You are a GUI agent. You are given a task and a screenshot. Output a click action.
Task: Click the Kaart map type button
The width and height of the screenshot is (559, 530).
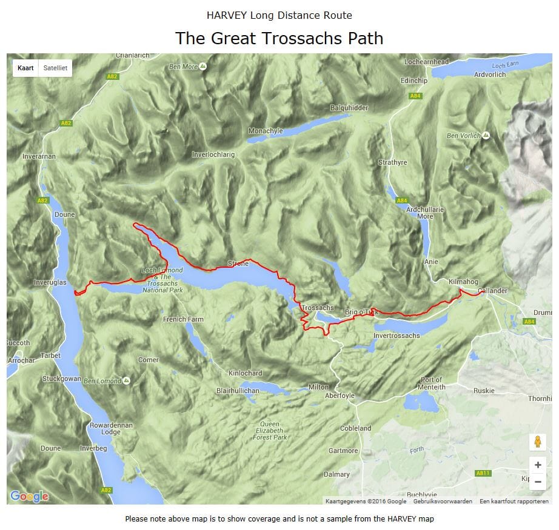(25, 68)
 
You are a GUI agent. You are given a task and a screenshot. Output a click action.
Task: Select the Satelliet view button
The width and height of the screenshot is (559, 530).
(55, 68)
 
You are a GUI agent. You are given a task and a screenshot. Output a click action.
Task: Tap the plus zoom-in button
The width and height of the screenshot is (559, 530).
(537, 465)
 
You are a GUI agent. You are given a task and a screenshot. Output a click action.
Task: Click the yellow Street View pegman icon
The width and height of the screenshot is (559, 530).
(537, 442)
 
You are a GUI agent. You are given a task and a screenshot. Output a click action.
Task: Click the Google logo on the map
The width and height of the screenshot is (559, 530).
(29, 496)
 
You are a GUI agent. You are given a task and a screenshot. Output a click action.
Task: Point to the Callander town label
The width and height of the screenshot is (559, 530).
(492, 291)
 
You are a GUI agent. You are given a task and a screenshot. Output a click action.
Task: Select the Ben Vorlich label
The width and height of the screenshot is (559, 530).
(463, 136)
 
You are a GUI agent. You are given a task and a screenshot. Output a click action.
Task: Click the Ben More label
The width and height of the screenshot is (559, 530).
(184, 67)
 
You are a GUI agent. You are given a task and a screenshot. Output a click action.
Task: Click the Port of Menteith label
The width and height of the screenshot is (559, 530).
(432, 383)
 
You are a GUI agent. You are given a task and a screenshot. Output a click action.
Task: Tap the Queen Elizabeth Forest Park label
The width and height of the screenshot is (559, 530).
(270, 430)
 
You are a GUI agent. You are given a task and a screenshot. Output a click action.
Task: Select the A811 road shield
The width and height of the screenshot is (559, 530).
(483, 473)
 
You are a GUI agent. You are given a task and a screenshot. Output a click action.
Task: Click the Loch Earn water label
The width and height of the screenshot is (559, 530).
(506, 65)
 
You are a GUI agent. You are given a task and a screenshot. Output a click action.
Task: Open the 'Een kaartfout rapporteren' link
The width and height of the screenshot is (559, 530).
(514, 501)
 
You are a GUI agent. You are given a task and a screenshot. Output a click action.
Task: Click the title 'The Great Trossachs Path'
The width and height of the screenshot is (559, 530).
(279, 38)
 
